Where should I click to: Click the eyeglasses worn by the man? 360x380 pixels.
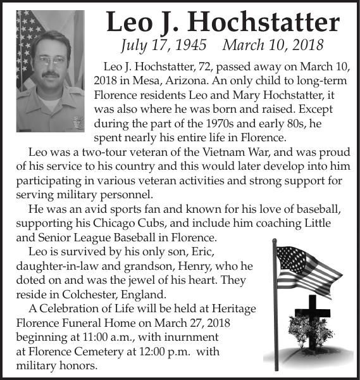(51, 60)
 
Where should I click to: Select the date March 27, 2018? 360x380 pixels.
(189, 323)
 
